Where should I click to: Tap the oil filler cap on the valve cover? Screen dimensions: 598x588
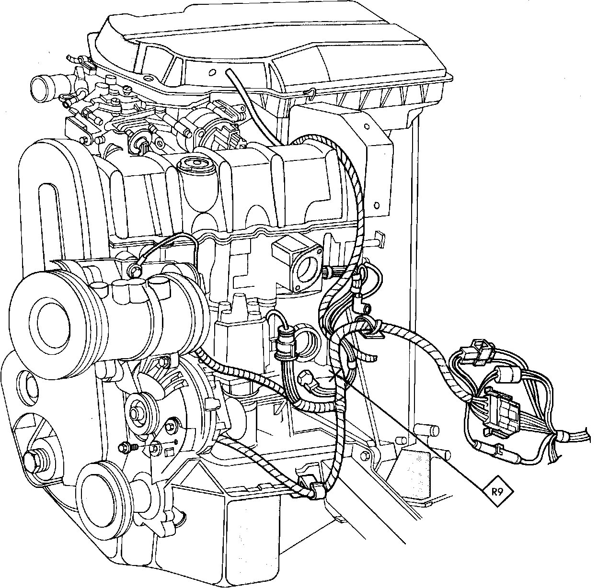[196, 165]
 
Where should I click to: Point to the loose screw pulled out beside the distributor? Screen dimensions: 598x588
[127, 447]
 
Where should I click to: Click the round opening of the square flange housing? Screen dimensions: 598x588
[309, 269]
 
